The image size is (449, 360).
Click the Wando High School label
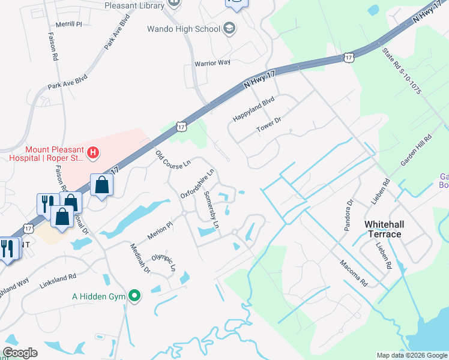coord(183,29)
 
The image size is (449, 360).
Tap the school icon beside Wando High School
coord(229,28)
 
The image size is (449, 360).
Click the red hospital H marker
coord(93,154)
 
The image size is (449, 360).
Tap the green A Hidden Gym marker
coord(135,296)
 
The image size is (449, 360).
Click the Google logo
coord(20,353)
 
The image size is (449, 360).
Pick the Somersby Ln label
coord(212,212)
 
